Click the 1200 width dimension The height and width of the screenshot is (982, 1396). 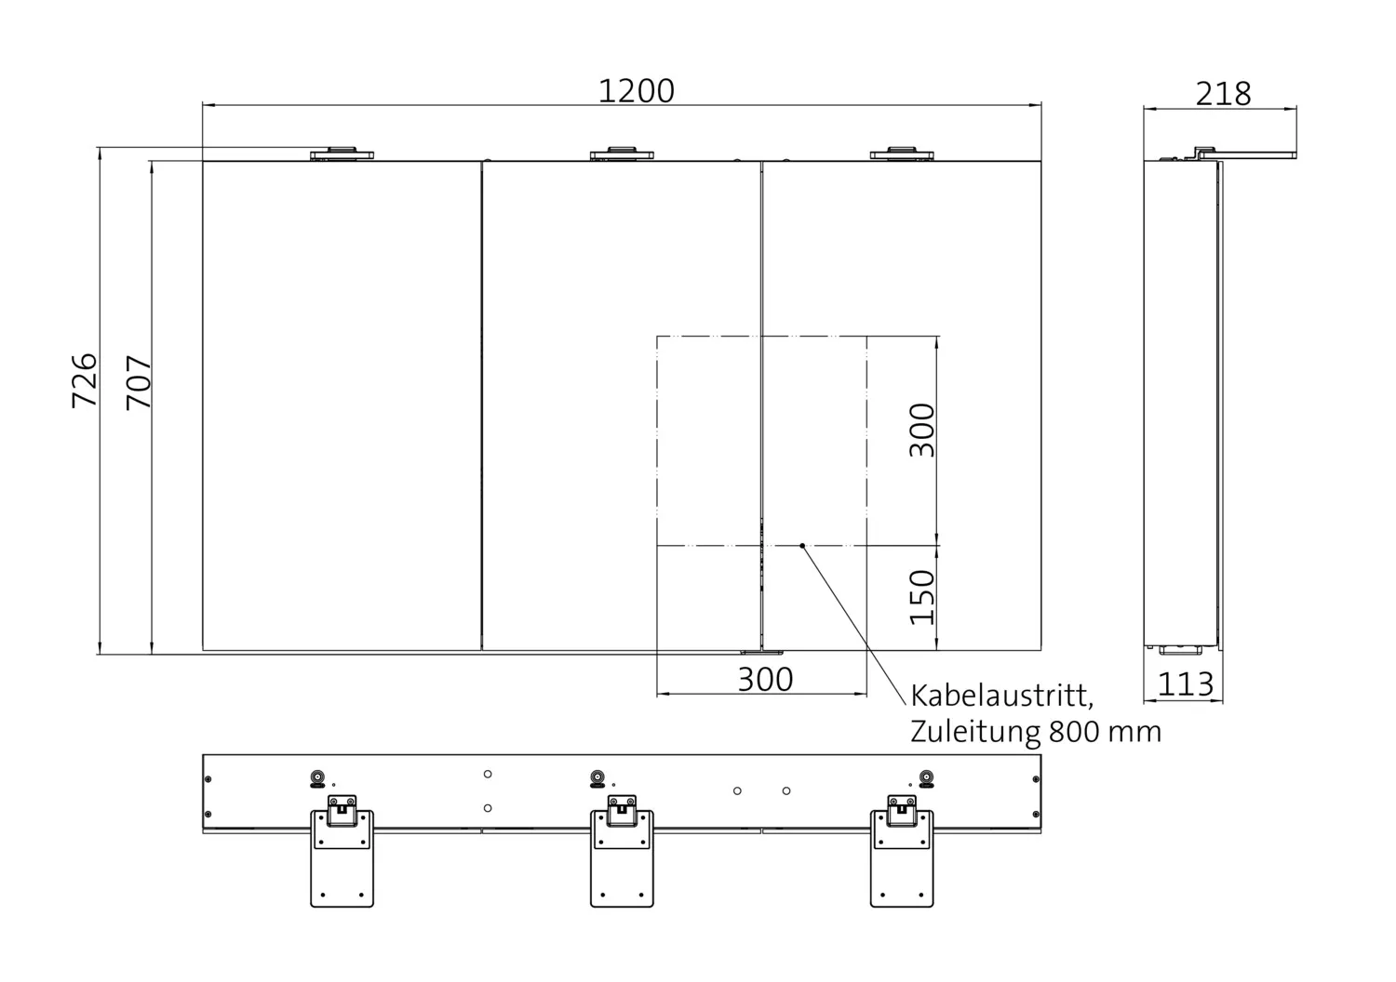coord(636,91)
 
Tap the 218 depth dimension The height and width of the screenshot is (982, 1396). coord(1223,94)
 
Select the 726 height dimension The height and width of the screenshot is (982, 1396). coord(85,379)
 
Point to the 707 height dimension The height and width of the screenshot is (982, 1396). coord(139,382)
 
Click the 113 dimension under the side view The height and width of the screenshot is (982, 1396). coord(1186,684)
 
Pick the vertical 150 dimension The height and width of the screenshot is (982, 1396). coord(921,597)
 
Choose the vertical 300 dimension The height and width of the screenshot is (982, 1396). coord(921,430)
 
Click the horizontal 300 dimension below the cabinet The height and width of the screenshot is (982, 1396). coord(765,680)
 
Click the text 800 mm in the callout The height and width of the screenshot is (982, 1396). coord(1105,732)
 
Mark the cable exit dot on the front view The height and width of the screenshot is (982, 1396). coord(802,546)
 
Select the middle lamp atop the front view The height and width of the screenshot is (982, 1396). coord(622,153)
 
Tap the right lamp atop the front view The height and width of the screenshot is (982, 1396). coord(901,153)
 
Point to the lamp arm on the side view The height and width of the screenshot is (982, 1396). coord(1247,153)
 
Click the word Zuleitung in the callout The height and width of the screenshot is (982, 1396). coord(975,732)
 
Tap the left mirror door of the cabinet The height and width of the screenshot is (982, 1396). coord(342,405)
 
